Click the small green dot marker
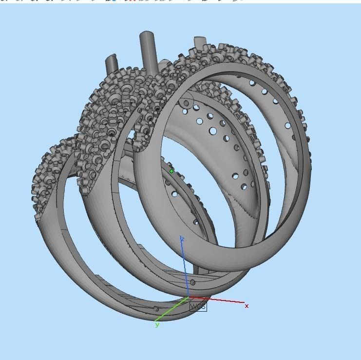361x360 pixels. (171, 171)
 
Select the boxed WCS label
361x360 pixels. (198, 306)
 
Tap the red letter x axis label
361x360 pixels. (247, 306)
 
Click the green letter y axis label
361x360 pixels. (157, 324)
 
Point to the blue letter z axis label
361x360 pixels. (181, 239)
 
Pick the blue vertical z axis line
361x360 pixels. (185, 268)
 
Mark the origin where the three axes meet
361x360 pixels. (189, 297)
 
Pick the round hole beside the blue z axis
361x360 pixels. (193, 282)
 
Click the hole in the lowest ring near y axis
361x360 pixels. (156, 309)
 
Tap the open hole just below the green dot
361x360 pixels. (174, 194)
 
